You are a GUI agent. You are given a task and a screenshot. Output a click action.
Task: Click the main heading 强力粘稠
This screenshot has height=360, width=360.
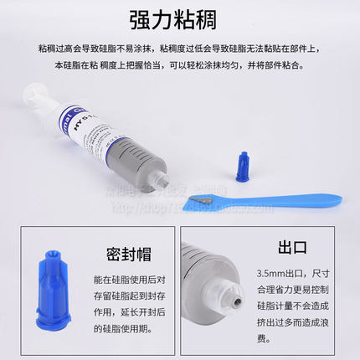tap(180, 20)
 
